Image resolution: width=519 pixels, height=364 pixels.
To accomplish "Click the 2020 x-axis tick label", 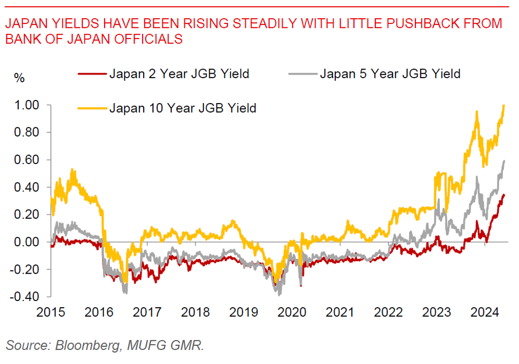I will coord(293,311).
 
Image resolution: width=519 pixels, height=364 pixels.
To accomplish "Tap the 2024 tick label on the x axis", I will coord(484,311).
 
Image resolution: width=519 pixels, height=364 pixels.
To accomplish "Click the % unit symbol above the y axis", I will coord(19,78).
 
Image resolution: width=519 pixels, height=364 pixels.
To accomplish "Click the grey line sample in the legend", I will coord(303,74).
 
